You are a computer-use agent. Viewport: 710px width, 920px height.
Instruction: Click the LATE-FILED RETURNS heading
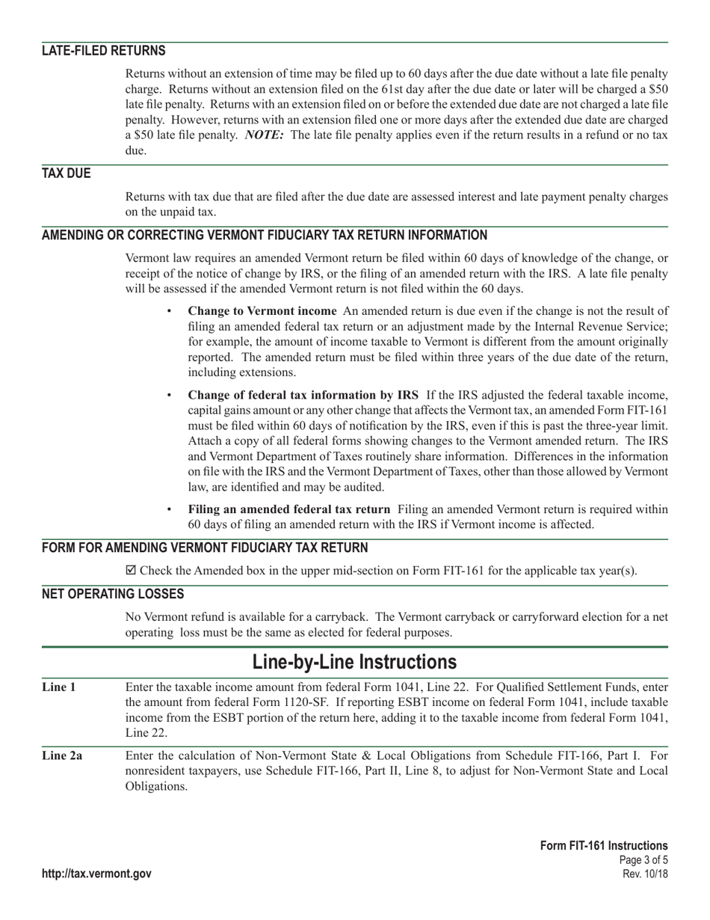(x=103, y=51)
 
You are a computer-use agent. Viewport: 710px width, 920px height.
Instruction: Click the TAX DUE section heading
(x=66, y=174)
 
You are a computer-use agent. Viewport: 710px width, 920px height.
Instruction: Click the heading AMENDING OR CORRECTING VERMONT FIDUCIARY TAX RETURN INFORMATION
(x=264, y=235)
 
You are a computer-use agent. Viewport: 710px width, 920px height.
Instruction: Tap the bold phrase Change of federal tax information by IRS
(x=303, y=395)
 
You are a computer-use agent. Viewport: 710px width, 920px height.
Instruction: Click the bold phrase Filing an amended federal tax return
(x=288, y=509)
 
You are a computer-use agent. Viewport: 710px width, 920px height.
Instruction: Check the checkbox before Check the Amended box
(x=132, y=571)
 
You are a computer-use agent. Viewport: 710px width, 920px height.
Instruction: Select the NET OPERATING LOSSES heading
(x=112, y=594)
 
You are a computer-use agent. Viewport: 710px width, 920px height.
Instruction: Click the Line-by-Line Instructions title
(x=354, y=662)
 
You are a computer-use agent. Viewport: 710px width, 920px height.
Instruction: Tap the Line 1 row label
(x=58, y=687)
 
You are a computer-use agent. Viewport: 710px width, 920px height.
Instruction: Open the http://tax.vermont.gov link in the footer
(x=96, y=874)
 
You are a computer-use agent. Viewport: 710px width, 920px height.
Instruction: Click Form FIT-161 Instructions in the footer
(x=604, y=846)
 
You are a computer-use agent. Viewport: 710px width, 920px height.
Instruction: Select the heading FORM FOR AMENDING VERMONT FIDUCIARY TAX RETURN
(x=205, y=548)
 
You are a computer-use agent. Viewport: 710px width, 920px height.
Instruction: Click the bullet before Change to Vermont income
(x=169, y=311)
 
